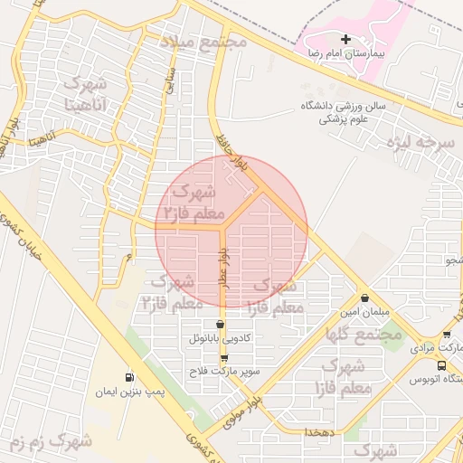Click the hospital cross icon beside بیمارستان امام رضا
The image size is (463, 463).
pos(345,40)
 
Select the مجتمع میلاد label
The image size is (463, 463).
pos(203,42)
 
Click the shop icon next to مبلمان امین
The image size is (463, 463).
pos(364,298)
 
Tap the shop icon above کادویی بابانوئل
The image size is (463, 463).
pos(220,325)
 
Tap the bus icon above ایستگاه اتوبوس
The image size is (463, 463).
pos(440,365)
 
